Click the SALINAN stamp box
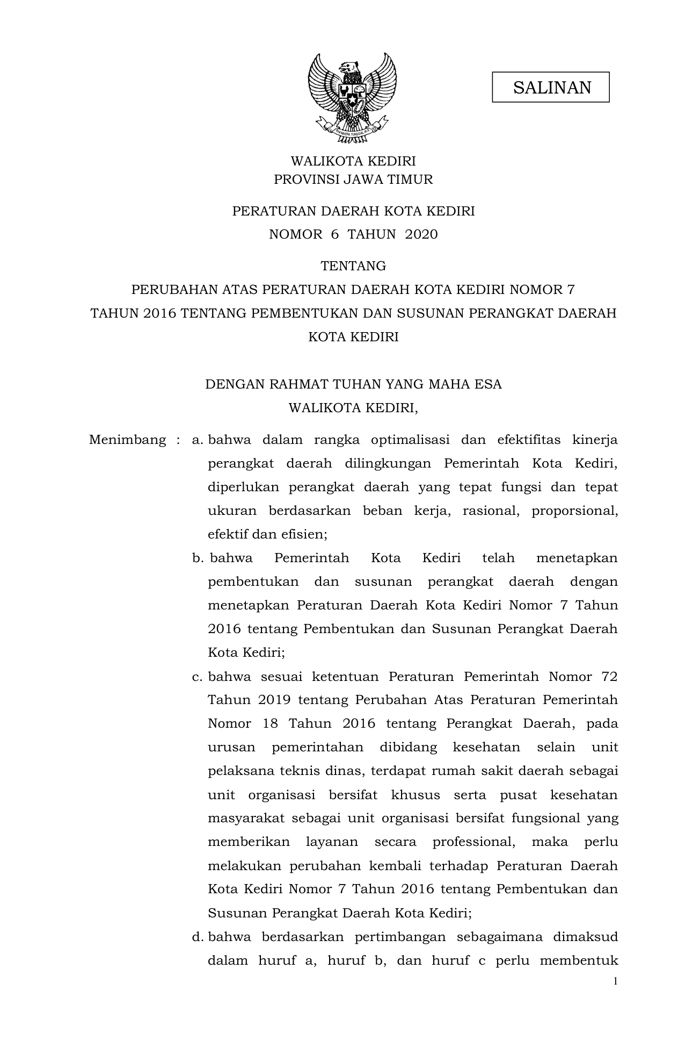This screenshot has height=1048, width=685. (550, 87)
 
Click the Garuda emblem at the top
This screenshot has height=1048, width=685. (352, 97)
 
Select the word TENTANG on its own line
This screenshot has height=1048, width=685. (353, 266)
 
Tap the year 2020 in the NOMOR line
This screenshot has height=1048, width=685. (421, 234)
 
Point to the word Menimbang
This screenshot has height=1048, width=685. (128, 440)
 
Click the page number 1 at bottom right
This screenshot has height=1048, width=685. (615, 982)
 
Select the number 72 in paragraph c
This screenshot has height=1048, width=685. (610, 677)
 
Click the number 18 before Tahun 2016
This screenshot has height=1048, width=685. (270, 724)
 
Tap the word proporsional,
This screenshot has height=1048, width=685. (574, 511)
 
